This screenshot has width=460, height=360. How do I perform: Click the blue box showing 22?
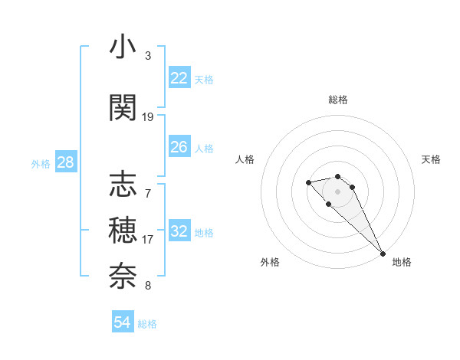point(179,78)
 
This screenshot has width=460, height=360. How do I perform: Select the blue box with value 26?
point(179,147)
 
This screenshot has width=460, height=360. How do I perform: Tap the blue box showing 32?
point(179,231)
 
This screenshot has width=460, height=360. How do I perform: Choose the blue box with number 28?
point(65,162)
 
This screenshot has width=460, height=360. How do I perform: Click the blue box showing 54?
point(122,322)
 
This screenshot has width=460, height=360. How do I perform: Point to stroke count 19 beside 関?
point(148,117)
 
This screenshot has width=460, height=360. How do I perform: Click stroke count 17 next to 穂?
point(148,239)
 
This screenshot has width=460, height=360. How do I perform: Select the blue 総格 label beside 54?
point(147,324)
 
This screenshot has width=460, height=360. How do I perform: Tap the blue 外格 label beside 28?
point(41,163)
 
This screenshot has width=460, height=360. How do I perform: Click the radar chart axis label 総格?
point(338,100)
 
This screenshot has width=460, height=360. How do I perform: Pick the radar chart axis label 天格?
point(432,159)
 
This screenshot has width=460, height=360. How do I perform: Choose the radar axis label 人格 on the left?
point(245,159)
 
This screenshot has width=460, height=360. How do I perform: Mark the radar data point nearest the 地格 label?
point(383,254)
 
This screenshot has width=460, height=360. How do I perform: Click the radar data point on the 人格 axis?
point(308,182)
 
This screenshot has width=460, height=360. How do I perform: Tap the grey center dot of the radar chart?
point(338,191)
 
